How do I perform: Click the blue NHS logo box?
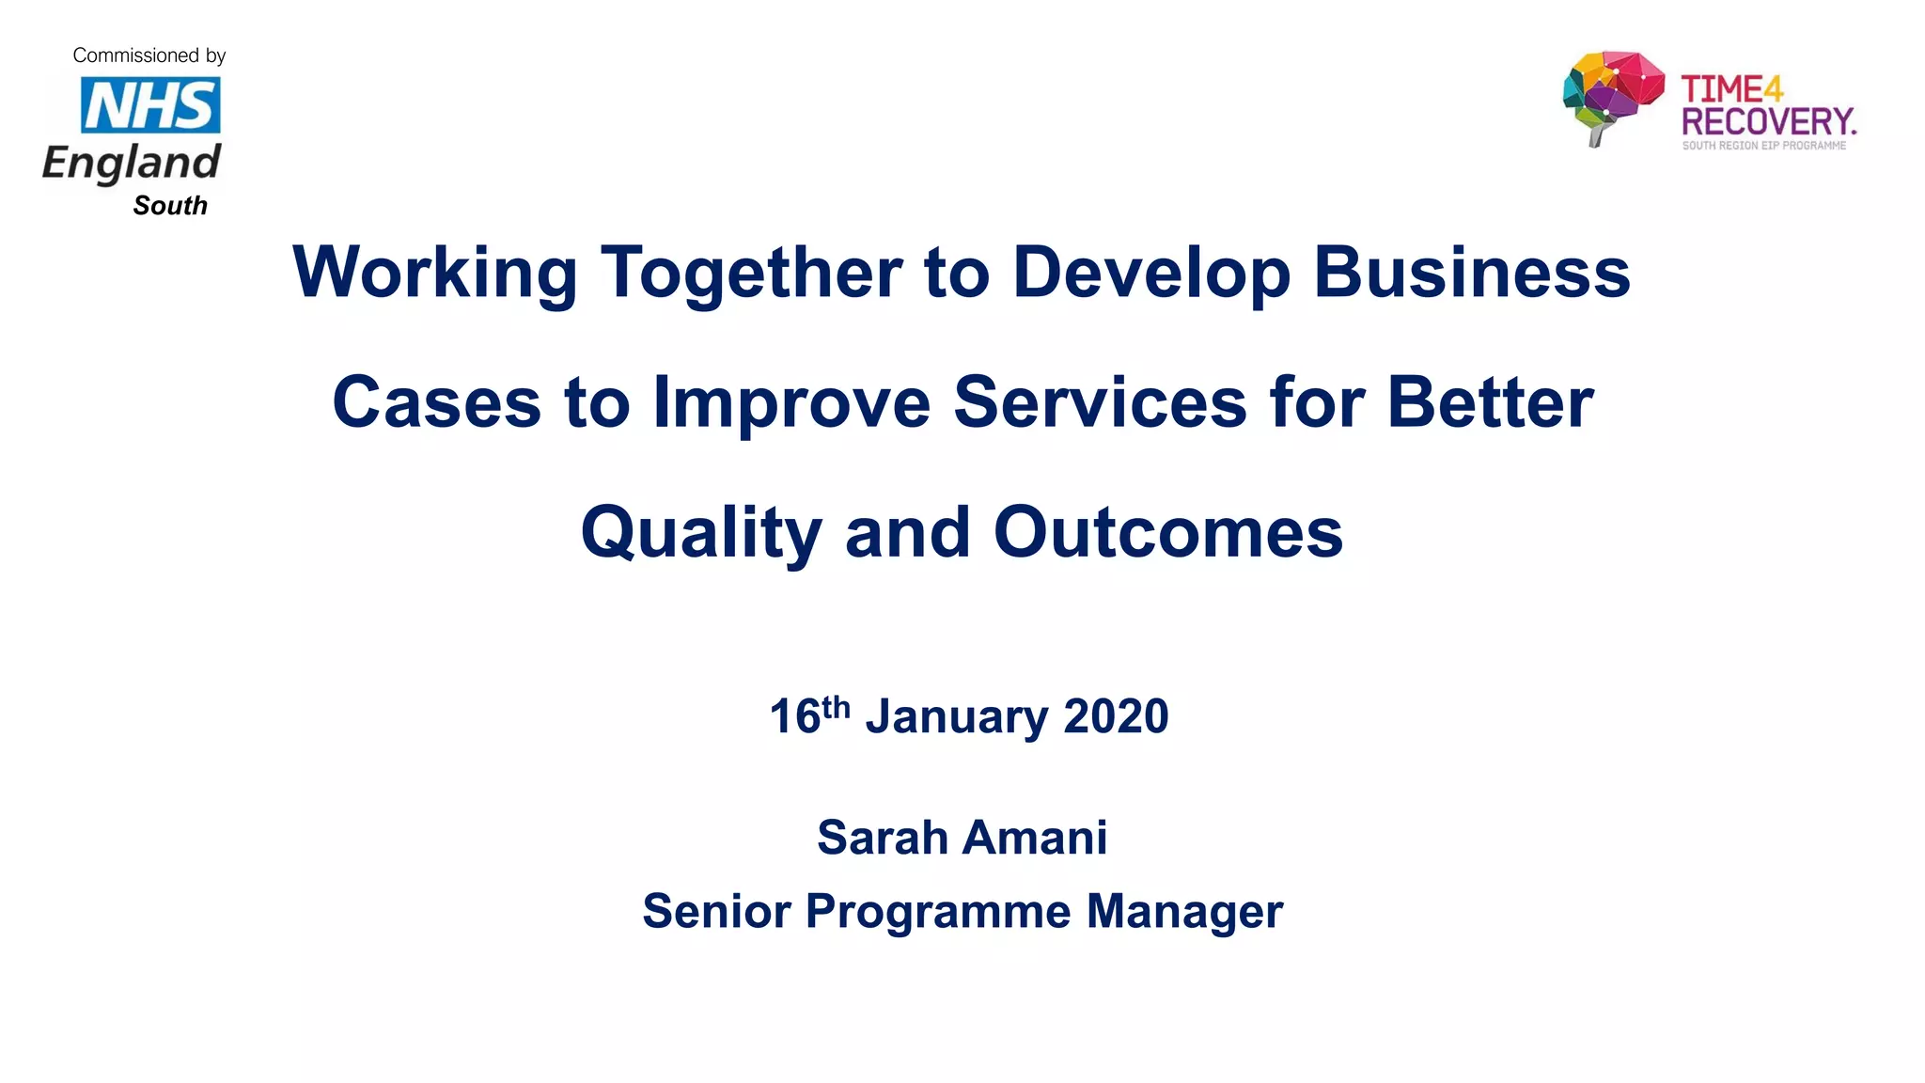[150, 104]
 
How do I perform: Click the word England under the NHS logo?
[132, 163]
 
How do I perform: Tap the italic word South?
[170, 206]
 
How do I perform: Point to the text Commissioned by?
[149, 55]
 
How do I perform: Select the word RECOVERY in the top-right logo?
[1767, 122]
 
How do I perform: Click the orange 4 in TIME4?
[1773, 89]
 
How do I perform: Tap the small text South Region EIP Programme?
[1763, 146]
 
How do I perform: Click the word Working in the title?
[434, 273]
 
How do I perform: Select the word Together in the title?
[751, 273]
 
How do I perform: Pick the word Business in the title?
[1471, 273]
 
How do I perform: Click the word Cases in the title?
[436, 402]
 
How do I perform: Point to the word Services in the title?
[1100, 402]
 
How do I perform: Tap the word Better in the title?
[1490, 402]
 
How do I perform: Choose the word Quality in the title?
[701, 533]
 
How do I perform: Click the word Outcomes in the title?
[1168, 533]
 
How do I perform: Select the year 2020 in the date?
[1116, 716]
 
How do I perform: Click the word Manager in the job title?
[1184, 911]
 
